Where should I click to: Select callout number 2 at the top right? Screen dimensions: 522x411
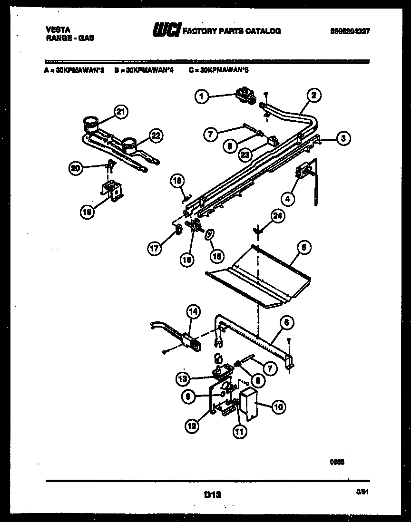click(313, 95)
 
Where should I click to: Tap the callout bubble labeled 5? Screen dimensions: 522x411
click(303, 247)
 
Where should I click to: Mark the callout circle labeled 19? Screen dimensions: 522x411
click(87, 213)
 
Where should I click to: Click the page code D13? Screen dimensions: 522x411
click(212, 495)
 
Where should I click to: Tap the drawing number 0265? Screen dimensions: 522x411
click(338, 461)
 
